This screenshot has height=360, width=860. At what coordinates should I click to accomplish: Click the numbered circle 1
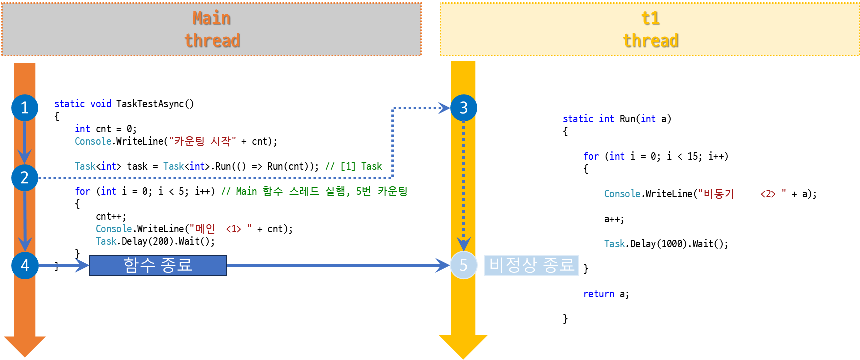point(25,108)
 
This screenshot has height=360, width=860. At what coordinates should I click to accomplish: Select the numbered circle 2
point(25,178)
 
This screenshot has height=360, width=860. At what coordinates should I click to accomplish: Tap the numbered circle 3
point(463,108)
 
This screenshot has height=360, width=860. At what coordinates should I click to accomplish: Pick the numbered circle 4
point(25,265)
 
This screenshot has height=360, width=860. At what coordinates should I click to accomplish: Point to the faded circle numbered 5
point(463,265)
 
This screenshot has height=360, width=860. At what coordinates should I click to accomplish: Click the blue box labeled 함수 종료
point(158,265)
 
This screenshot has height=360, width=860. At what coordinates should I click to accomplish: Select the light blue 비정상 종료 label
point(531,265)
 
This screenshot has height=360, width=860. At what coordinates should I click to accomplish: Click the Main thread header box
point(212,29)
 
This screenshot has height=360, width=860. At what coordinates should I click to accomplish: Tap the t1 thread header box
point(650,29)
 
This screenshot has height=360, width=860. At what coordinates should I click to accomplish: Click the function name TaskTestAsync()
point(155,104)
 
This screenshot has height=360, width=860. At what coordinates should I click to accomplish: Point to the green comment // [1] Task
point(353,166)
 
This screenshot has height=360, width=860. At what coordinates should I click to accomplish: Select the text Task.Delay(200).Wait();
point(155,241)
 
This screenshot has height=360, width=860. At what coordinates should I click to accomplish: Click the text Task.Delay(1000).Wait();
point(666,244)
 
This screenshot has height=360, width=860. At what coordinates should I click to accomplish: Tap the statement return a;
point(606,294)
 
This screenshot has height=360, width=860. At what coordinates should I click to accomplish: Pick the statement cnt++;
point(111,216)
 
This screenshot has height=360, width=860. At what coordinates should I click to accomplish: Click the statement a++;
point(614,219)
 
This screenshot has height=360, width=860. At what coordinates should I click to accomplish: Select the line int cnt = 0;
point(105,129)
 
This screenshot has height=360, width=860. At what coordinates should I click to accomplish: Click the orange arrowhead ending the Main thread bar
point(24,346)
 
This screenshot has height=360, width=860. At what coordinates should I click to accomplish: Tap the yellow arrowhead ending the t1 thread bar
point(463,346)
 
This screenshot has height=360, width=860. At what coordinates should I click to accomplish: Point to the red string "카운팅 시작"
point(202,141)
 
